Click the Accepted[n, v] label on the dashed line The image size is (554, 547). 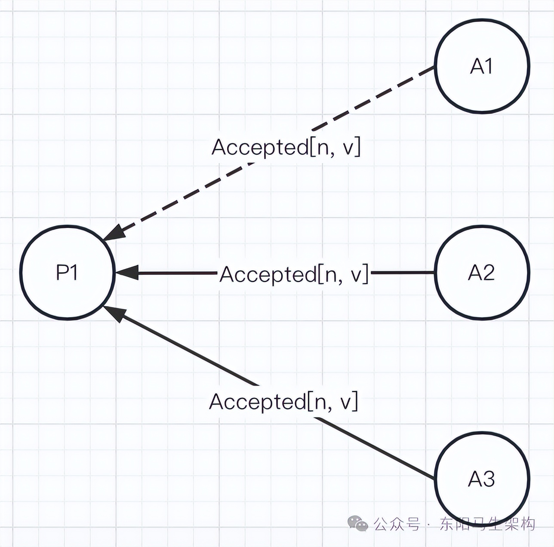pyautogui.click(x=286, y=148)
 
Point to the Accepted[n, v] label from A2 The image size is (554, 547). pyautogui.click(x=294, y=274)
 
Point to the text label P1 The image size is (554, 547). pyautogui.click(x=67, y=272)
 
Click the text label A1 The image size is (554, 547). pyautogui.click(x=482, y=67)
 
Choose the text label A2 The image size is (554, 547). pyautogui.click(x=482, y=272)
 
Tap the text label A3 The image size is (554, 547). pyautogui.click(x=482, y=479)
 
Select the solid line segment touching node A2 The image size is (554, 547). pyautogui.click(x=402, y=272)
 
